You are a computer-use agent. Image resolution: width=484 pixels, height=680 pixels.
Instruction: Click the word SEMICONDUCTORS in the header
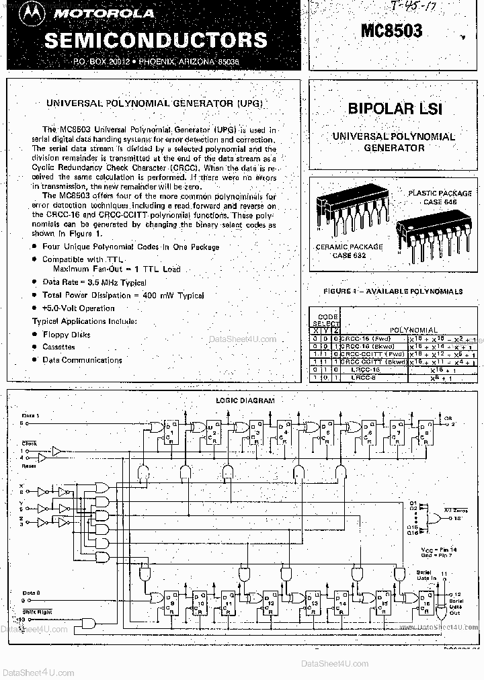click(155, 40)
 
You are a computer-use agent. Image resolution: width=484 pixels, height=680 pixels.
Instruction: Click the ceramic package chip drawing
click(349, 208)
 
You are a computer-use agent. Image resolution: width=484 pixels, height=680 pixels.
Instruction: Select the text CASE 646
click(440, 202)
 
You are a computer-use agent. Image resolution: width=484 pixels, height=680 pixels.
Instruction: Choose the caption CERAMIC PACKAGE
click(349, 247)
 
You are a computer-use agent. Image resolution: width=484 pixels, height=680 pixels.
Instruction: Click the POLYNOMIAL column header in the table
click(414, 330)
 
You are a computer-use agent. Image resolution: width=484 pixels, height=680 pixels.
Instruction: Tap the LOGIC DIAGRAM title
click(245, 400)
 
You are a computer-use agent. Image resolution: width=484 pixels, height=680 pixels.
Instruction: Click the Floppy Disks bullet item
click(66, 335)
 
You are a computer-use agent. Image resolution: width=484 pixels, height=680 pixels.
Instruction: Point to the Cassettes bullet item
click(58, 347)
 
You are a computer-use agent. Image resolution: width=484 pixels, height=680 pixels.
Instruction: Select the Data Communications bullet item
click(82, 359)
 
